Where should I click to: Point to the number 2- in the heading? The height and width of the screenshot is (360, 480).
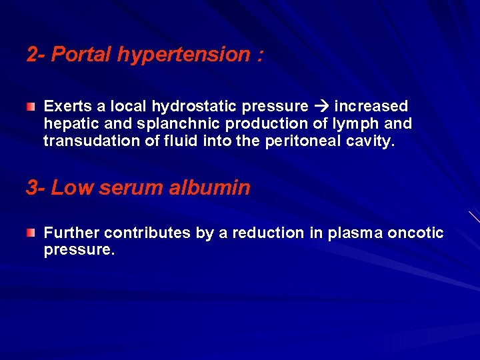pyautogui.click(x=36, y=55)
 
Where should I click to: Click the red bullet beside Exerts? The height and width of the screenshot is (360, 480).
pyautogui.click(x=31, y=107)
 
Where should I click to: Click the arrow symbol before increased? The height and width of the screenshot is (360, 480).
pyautogui.click(x=321, y=107)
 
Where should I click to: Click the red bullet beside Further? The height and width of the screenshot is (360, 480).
pyautogui.click(x=31, y=233)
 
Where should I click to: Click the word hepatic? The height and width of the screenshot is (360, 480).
pyautogui.click(x=69, y=124)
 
